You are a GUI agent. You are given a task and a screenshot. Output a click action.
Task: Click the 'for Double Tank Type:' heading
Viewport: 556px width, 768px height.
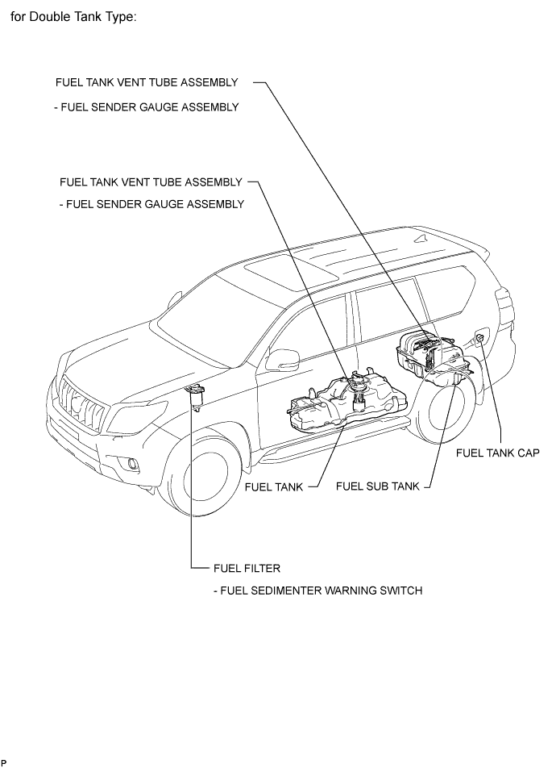click(73, 17)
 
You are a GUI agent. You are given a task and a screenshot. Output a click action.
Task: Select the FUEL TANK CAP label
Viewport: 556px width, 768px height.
click(497, 453)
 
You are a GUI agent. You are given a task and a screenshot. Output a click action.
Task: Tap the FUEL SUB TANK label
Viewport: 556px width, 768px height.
click(378, 486)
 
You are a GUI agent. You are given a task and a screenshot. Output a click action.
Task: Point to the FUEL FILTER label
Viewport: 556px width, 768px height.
click(247, 568)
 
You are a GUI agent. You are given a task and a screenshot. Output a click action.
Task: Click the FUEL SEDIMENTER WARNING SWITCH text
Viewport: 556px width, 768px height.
click(317, 591)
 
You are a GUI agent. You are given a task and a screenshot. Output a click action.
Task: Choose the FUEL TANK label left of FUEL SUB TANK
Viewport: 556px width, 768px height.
click(274, 487)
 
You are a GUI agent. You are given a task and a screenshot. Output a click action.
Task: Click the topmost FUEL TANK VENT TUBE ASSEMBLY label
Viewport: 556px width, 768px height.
click(147, 82)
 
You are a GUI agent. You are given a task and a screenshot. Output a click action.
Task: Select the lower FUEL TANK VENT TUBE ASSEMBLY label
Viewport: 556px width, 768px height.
click(151, 182)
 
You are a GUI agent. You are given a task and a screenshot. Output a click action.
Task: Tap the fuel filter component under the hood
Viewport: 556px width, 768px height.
click(197, 398)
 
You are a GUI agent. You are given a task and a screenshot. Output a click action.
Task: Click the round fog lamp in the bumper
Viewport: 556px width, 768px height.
click(131, 464)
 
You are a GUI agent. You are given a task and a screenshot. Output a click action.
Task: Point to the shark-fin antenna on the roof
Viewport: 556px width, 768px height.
click(421, 239)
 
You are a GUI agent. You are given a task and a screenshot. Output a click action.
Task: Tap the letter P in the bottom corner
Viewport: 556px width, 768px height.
click(4, 763)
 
